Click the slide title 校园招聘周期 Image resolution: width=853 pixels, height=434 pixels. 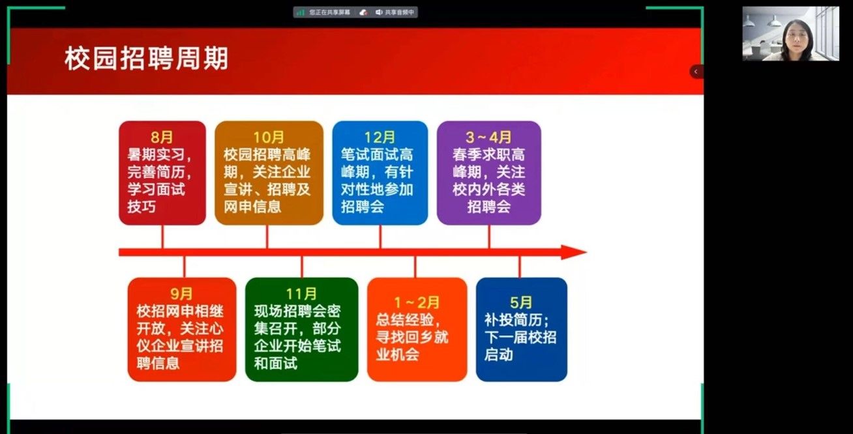[146, 58]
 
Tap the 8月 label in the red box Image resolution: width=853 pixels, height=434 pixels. [162, 137]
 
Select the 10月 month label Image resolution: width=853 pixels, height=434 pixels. [269, 137]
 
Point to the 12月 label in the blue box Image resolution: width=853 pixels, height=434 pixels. [380, 137]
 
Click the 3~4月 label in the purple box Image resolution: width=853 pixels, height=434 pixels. [488, 137]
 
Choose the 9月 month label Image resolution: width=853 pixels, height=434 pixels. [182, 294]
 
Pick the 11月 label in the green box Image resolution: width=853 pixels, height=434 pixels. [301, 294]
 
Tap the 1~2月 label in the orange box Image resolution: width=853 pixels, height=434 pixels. [417, 302]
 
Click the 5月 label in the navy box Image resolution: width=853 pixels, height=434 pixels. [521, 302]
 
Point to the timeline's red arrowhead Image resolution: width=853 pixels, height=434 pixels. [574, 252]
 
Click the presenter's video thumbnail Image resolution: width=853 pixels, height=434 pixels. [791, 33]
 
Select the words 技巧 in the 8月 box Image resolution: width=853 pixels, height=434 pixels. [142, 207]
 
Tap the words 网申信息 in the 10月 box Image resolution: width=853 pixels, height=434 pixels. [252, 207]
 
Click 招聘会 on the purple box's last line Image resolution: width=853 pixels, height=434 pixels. [489, 207]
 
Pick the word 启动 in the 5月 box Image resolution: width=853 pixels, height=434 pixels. [498, 354]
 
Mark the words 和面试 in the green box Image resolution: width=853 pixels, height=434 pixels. [275, 363]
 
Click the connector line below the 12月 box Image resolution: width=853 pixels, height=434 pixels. [380, 237]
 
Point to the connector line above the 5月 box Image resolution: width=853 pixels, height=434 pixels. [520, 267]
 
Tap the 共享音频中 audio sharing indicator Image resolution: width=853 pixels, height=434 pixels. [395, 12]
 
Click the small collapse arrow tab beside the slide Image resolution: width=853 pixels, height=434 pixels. [696, 72]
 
